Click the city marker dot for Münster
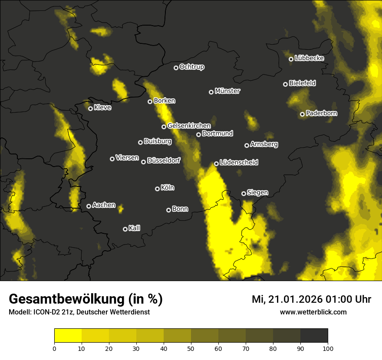pyautogui.click(x=211, y=92)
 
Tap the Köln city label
pyautogui.click(x=168, y=188)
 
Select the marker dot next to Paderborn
pyautogui.click(x=303, y=115)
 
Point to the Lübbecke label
pyautogui.click(x=309, y=58)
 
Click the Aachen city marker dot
pyautogui.click(x=89, y=206)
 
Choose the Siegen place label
pyautogui.click(x=257, y=193)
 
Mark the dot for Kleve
pyautogui.click(x=91, y=108)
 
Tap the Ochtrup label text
pyautogui.click(x=191, y=67)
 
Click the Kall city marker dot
pyautogui.click(x=125, y=229)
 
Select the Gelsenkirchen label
pyautogui.click(x=189, y=126)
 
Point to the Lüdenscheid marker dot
pyautogui.click(x=217, y=164)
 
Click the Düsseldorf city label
pyautogui.click(x=164, y=160)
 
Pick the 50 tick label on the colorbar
pyautogui.click(x=191, y=348)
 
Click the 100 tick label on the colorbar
pyautogui.click(x=328, y=348)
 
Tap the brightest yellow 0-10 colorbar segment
pyautogui.click(x=68, y=335)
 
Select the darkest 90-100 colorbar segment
pyautogui.click(x=314, y=335)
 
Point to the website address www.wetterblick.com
pyautogui.click(x=313, y=312)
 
